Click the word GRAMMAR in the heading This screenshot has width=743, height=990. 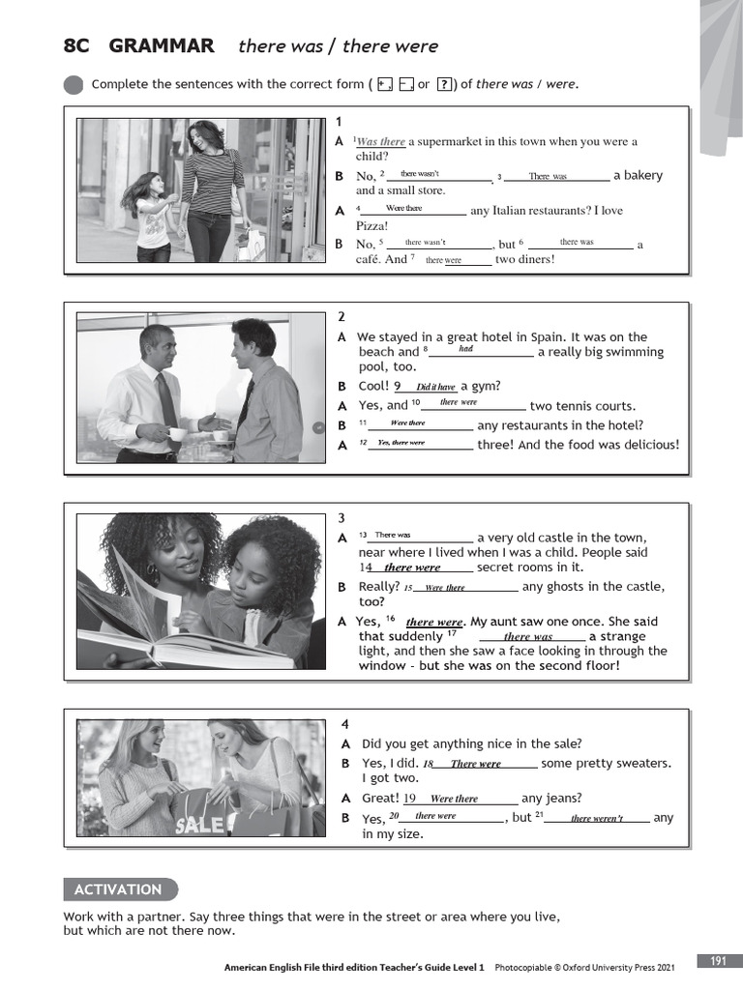(162, 45)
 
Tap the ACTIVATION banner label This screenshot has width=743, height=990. (118, 889)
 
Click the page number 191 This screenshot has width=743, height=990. (718, 961)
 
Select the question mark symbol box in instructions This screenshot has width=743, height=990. (445, 84)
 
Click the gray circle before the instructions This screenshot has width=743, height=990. (74, 85)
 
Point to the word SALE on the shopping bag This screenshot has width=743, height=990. (200, 825)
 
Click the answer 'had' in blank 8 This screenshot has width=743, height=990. (465, 349)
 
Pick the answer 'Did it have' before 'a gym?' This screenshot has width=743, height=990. (435, 387)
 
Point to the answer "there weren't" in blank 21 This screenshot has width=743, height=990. (596, 818)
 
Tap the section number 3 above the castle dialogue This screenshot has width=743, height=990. (341, 517)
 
